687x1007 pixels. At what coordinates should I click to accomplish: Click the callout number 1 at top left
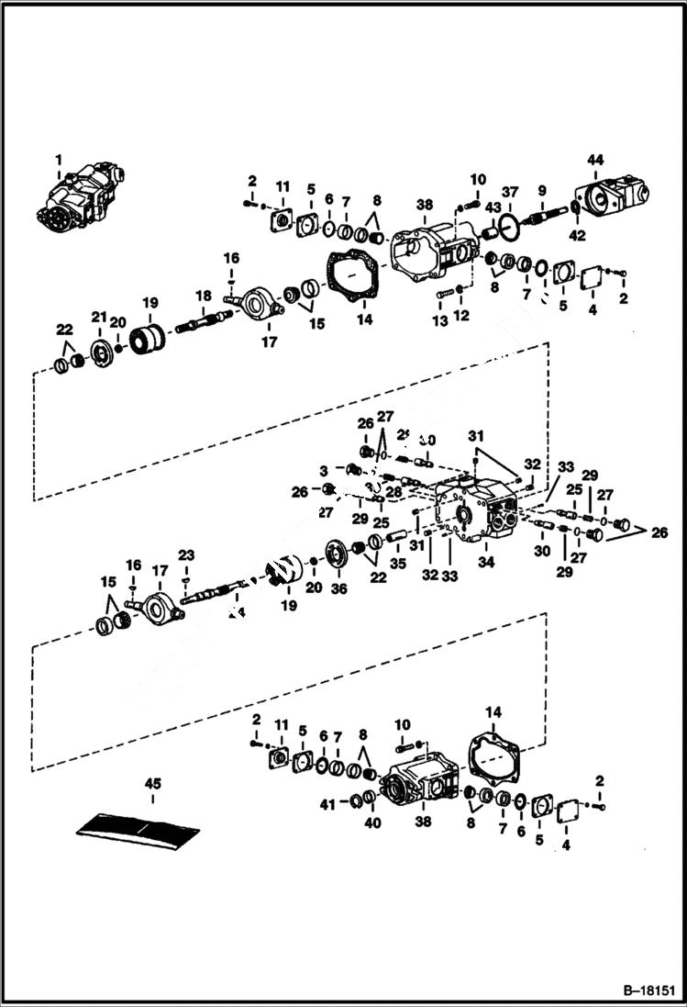pyautogui.click(x=59, y=160)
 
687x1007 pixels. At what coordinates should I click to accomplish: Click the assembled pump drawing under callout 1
pyautogui.click(x=80, y=196)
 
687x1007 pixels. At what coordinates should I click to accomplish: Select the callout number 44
pyautogui.click(x=595, y=160)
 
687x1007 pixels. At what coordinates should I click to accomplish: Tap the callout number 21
pyautogui.click(x=98, y=316)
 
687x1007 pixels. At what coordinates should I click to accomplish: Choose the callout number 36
pyautogui.click(x=340, y=588)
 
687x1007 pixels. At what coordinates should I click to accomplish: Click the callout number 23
pyautogui.click(x=186, y=554)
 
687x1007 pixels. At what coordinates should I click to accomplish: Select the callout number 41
pyautogui.click(x=327, y=804)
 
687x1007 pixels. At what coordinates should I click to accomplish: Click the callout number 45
pyautogui.click(x=151, y=783)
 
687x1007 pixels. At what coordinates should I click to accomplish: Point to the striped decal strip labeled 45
pyautogui.click(x=138, y=828)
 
